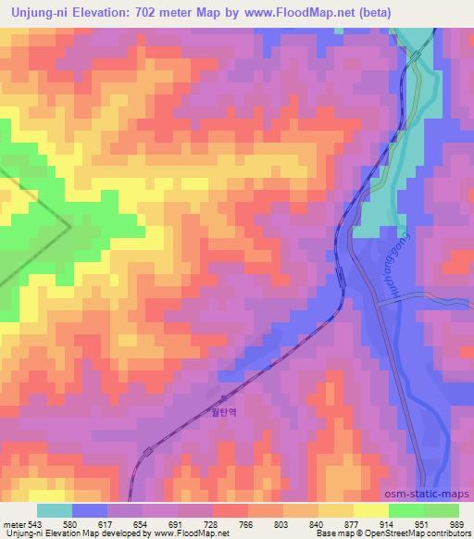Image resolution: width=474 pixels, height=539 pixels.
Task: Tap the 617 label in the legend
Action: tap(114, 524)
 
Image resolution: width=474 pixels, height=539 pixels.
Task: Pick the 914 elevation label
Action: tap(386, 524)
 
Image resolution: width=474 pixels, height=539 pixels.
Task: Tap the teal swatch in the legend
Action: tap(54, 510)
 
